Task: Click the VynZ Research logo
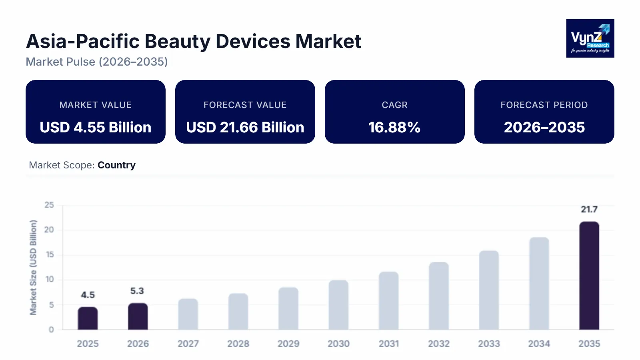[x=590, y=38]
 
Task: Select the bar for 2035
[x=589, y=276]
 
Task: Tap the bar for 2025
[x=88, y=318]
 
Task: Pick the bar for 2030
[x=338, y=305]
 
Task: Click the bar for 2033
[x=489, y=290]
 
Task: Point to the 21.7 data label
[x=589, y=209]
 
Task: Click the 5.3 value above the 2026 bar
[x=137, y=291]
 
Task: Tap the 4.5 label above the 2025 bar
[x=88, y=295]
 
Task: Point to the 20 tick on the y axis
[x=49, y=230]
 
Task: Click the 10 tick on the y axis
[x=49, y=280]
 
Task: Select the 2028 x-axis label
[x=238, y=344]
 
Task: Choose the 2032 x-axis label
[x=439, y=344]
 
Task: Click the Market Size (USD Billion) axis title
[x=33, y=267]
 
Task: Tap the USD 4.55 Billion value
[x=96, y=128]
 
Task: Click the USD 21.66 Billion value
[x=245, y=128]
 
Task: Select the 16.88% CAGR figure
[x=394, y=128]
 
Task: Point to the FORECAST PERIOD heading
[x=544, y=105]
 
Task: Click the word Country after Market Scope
[x=116, y=165]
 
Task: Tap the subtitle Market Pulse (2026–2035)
[x=97, y=62]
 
